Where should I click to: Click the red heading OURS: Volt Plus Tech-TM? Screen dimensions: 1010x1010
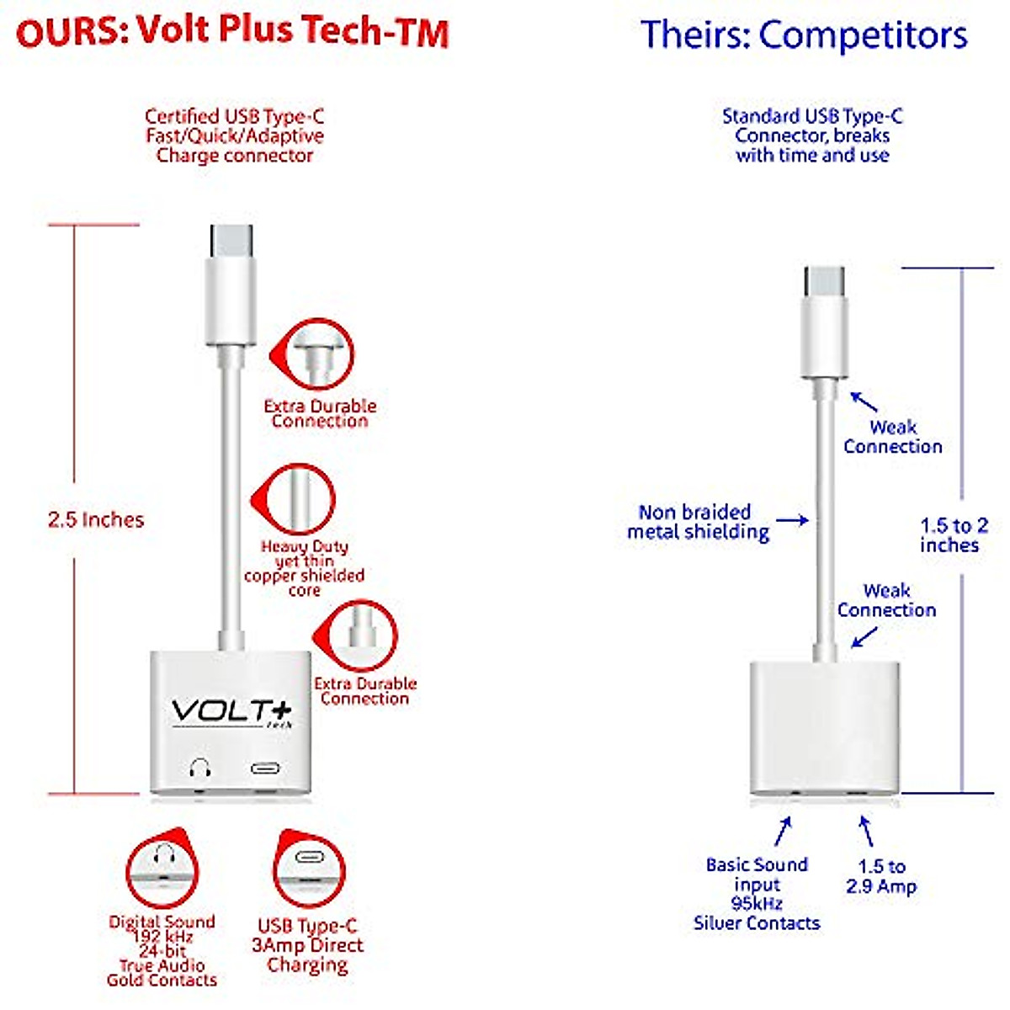click(232, 32)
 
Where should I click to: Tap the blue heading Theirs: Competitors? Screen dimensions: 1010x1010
click(804, 35)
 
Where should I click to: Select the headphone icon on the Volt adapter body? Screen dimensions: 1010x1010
click(199, 768)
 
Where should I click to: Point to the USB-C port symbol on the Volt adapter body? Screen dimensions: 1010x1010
click(265, 768)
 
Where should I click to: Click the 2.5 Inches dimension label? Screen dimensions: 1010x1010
click(96, 519)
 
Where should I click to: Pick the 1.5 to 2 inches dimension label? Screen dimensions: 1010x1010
click(954, 535)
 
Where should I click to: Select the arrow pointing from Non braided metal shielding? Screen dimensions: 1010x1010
click(791, 520)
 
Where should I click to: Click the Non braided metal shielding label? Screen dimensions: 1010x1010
click(698, 522)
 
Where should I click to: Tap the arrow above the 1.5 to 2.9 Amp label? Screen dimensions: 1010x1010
click(865, 831)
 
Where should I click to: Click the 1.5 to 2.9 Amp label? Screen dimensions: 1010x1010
click(881, 876)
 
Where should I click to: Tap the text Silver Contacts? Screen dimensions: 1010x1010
click(757, 922)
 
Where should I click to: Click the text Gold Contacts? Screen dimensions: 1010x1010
click(162, 980)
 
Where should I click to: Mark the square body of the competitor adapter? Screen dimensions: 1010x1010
click(825, 728)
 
